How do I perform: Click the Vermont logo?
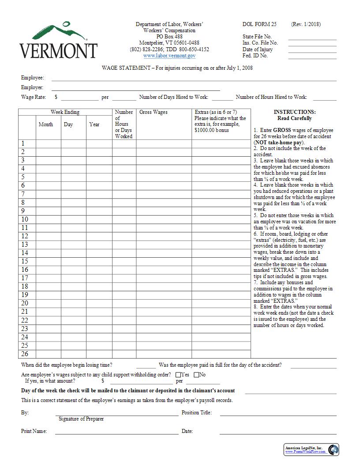click(58, 40)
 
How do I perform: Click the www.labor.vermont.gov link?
click(169, 56)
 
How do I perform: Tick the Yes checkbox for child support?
click(178, 375)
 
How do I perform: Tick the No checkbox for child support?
click(196, 375)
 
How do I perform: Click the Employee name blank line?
click(194, 79)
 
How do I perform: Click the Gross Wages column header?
click(154, 113)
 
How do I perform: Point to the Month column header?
click(46, 124)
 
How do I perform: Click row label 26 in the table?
click(25, 354)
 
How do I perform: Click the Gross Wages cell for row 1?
click(164, 143)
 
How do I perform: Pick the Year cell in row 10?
click(99, 219)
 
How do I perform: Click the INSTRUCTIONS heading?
click(294, 113)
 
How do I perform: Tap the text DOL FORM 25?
click(259, 24)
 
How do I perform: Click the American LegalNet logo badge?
click(311, 450)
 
